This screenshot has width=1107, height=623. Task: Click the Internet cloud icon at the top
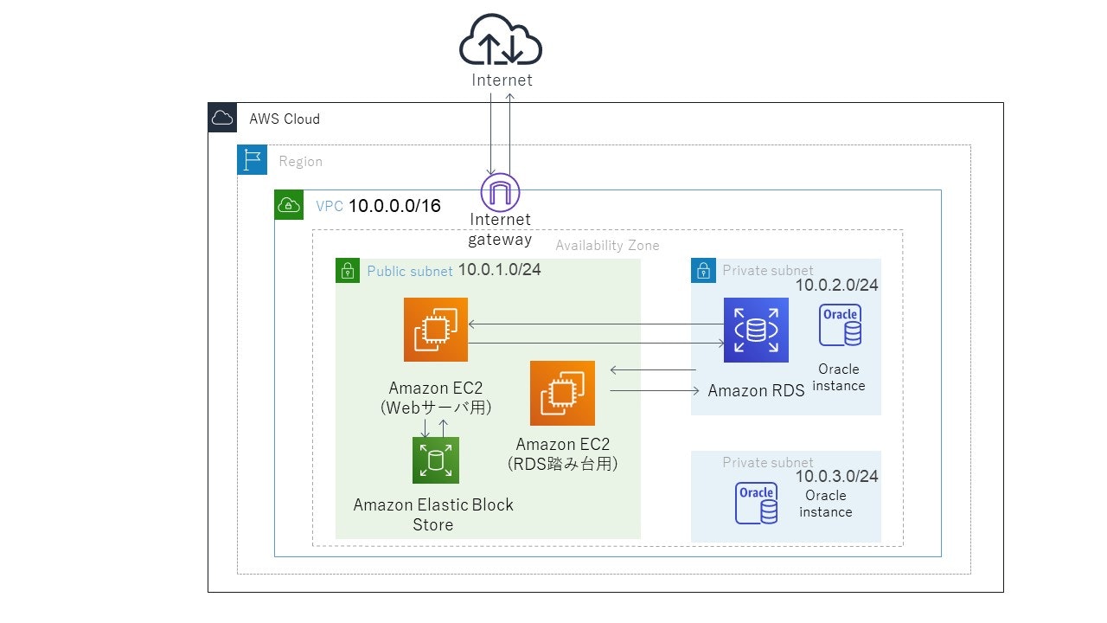500,41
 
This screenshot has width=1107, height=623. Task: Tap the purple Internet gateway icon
500,191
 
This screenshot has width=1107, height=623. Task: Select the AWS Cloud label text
285,119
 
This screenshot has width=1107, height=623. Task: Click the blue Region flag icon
252,160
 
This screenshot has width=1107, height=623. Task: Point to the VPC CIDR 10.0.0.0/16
394,206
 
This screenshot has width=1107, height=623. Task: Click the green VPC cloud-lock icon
289,205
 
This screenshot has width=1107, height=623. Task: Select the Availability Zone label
607,246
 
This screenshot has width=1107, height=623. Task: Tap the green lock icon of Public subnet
348,271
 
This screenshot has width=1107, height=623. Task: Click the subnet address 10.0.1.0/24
499,270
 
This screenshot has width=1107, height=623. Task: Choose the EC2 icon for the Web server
436,330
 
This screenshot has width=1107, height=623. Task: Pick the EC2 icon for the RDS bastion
562,393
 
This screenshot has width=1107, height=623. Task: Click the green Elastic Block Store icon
436,459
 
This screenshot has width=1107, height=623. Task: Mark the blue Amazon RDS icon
756,330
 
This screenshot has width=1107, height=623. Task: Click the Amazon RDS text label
756,390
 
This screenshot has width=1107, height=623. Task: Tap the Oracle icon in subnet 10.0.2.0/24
840,325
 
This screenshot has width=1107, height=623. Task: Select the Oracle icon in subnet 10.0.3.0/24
756,504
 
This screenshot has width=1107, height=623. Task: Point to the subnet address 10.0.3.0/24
836,477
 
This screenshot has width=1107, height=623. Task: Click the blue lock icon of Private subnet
704,271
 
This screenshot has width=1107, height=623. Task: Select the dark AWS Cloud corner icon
222,118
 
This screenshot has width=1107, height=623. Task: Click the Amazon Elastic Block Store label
433,515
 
